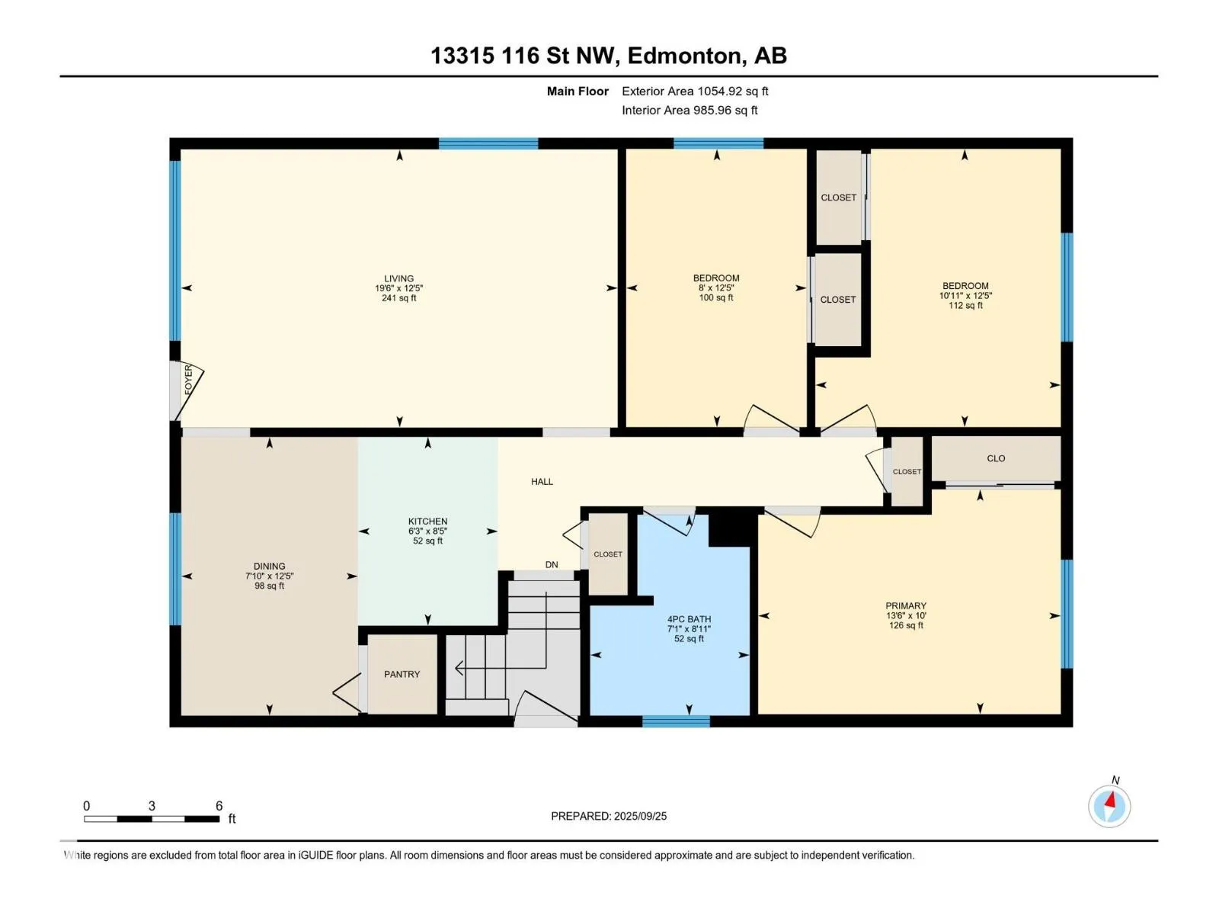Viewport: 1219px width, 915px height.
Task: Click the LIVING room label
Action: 398,278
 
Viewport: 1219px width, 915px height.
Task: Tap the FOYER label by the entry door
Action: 188,380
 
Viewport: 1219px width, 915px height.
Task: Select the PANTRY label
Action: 402,674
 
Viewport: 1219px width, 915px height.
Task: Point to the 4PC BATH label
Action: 689,619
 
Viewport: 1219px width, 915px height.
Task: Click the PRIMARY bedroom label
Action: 906,605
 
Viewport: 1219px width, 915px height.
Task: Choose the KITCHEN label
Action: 427,521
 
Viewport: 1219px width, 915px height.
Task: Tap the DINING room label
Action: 270,566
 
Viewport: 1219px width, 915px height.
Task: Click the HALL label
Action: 542,482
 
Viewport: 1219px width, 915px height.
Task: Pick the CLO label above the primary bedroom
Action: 996,458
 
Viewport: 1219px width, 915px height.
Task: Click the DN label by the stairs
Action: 552,564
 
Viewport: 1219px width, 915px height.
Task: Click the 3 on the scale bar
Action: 152,805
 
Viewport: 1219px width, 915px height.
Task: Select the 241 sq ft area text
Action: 398,298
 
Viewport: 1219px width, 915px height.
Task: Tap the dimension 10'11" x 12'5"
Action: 965,296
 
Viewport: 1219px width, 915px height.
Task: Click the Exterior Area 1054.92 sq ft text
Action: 695,91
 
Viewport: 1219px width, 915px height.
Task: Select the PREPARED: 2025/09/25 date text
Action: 609,816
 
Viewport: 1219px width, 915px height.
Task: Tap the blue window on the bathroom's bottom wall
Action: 676,721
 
